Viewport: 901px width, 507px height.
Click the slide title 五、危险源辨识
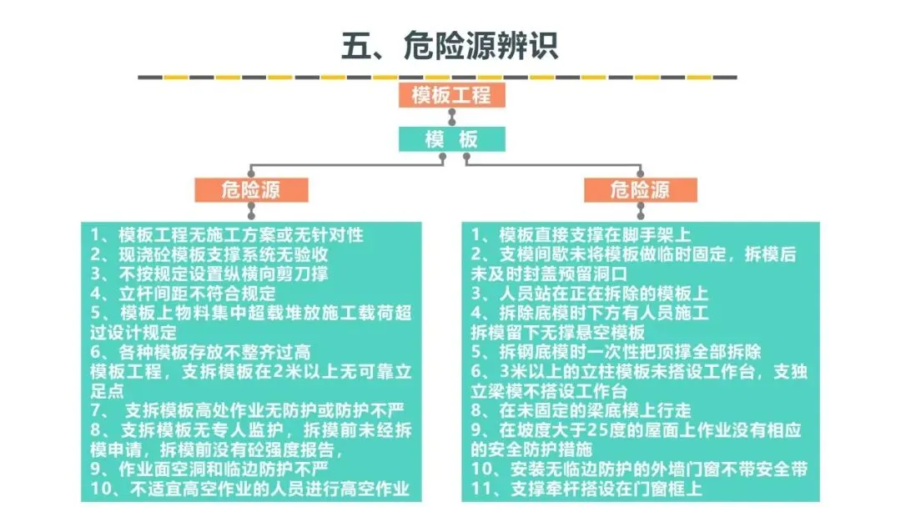click(x=450, y=45)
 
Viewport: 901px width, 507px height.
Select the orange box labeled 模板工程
click(x=450, y=95)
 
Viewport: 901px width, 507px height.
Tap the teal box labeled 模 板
click(x=451, y=139)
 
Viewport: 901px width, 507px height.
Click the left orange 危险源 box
click(x=251, y=190)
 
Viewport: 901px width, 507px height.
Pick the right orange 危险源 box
click(x=640, y=190)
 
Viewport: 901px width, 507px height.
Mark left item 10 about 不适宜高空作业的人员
click(x=250, y=489)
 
